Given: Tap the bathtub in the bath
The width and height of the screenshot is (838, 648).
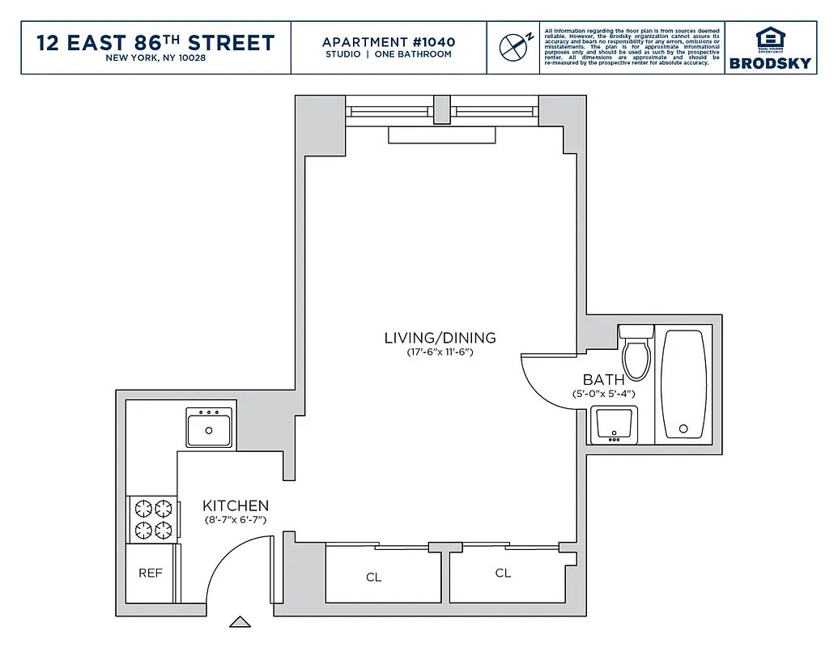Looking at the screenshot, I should click(x=684, y=384).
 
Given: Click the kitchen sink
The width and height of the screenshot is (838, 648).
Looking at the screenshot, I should click(x=210, y=427).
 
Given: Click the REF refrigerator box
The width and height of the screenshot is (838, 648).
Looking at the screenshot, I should click(x=151, y=573).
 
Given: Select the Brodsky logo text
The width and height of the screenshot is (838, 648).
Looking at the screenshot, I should click(x=770, y=63).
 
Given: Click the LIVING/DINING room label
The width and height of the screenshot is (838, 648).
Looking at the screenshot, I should click(x=440, y=338).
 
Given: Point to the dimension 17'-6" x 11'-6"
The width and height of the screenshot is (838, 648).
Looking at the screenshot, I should click(x=440, y=353).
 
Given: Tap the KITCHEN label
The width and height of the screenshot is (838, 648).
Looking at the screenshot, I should click(x=236, y=505).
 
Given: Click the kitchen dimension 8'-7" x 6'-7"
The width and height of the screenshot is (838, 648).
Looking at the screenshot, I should click(x=236, y=520).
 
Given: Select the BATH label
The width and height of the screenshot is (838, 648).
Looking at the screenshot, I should click(x=603, y=379).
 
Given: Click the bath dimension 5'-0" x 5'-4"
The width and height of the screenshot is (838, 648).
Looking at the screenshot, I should click(x=603, y=394).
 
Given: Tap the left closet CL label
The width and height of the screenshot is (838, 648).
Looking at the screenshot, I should click(x=373, y=578).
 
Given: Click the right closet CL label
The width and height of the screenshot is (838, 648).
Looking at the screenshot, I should click(x=503, y=573).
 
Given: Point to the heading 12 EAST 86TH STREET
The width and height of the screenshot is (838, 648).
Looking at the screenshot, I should click(x=155, y=43).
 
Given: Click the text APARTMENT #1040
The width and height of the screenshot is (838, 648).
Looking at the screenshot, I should click(x=389, y=42).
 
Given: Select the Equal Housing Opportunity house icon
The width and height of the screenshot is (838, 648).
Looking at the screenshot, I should click(x=769, y=38).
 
